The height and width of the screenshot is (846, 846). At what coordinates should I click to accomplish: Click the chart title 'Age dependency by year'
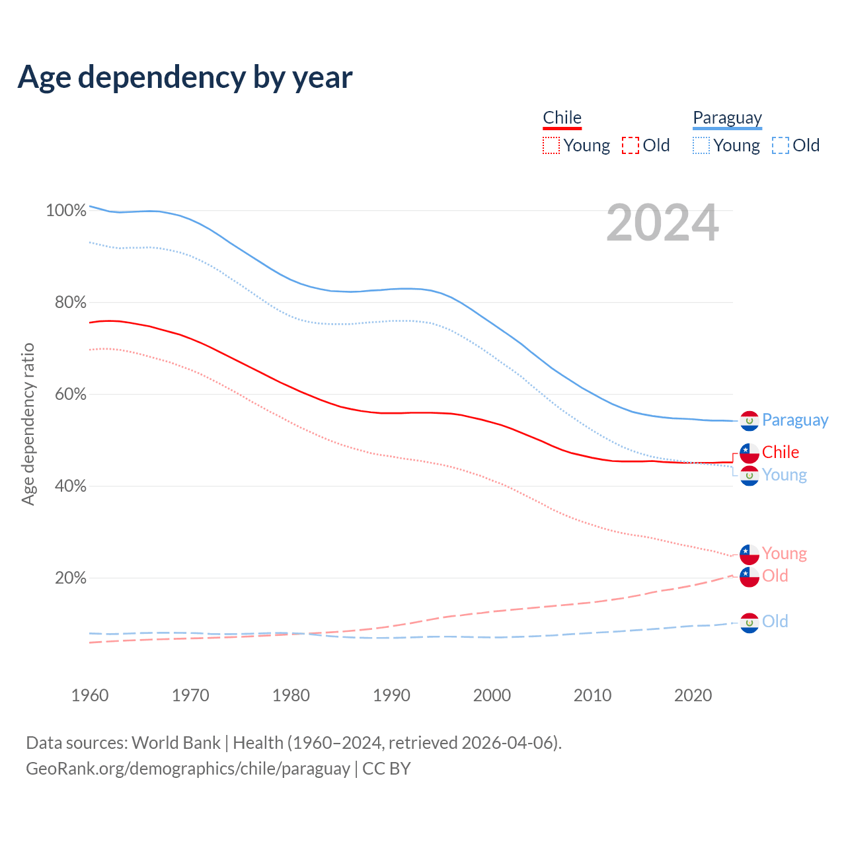pos(185,77)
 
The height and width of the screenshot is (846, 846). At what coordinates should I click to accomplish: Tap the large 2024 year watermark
pos(662,223)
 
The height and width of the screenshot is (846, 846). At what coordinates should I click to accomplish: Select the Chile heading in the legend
pos(562,118)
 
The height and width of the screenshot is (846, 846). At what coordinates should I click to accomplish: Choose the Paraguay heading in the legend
pos(727,118)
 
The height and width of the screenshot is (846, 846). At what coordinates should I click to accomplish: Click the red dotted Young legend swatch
pos(551,145)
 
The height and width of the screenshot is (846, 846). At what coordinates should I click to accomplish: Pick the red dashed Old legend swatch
pos(631,145)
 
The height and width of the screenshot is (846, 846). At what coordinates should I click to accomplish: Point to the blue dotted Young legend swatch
pos(701,145)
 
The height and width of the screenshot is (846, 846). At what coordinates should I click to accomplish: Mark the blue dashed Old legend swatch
pos(781,145)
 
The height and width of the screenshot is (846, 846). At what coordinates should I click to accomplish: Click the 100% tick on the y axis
pos(66,211)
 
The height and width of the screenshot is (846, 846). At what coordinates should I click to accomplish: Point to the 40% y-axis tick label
pos(70,486)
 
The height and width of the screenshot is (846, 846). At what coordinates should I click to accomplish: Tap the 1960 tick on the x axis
pos(90,695)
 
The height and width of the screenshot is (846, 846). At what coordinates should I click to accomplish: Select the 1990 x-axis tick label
pos(391,695)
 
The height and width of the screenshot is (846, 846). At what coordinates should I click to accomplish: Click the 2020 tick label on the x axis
pos(693,695)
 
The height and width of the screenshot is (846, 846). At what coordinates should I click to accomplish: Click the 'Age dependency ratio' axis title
pos(28,424)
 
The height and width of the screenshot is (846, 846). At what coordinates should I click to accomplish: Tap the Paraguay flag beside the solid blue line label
pos(749,421)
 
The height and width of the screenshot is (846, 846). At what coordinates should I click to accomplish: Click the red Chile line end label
pos(780,452)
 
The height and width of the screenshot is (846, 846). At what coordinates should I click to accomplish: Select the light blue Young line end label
pos(784,475)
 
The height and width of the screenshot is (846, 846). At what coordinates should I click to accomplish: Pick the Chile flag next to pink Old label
pos(749,577)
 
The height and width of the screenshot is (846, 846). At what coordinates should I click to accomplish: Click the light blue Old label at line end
pos(775,621)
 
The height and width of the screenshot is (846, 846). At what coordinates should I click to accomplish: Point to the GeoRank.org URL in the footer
pos(188,769)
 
